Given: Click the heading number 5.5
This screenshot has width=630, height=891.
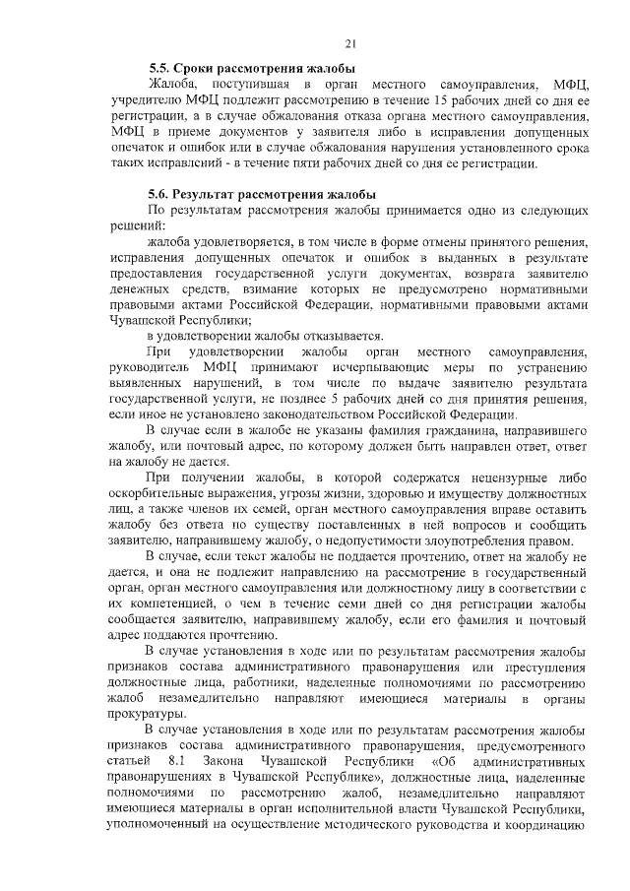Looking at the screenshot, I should (x=159, y=69).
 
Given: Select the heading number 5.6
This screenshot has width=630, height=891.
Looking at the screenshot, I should (x=159, y=195).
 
